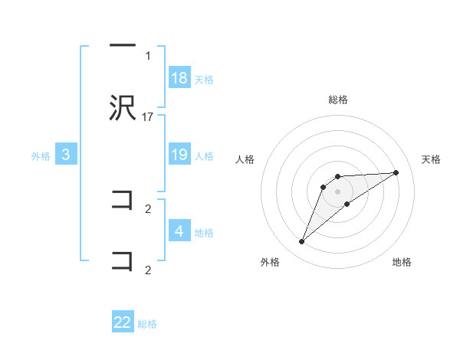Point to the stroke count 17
[x=148, y=116]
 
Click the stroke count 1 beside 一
[x=148, y=56]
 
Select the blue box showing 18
[x=179, y=78]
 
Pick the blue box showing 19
[x=179, y=155]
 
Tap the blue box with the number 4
[x=179, y=231]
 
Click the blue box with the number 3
[x=66, y=155]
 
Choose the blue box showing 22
[x=123, y=322]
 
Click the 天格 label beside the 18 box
[x=203, y=79]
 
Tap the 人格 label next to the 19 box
[x=203, y=155]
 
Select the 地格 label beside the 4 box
[x=203, y=232]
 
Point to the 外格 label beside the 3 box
[x=41, y=155]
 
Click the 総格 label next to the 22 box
[x=147, y=323]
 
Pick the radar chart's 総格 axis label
[x=337, y=100]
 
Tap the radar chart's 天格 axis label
[x=432, y=159]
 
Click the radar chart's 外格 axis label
[x=270, y=262]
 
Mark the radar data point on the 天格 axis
[x=396, y=172]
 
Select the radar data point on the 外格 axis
[x=301, y=242]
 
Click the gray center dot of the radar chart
[x=337, y=191]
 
